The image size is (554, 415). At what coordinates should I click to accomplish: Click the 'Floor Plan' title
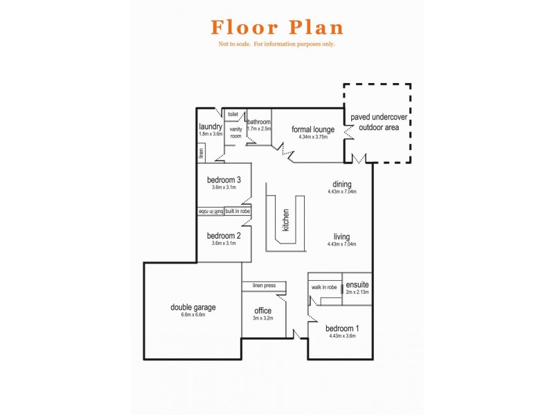coord(277,28)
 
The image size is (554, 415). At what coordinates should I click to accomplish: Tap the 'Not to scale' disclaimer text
coord(277,44)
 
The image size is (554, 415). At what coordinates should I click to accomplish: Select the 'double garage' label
coord(193,307)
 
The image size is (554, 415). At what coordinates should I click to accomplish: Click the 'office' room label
coord(263,311)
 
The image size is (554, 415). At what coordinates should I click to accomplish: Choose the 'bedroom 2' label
coord(224,236)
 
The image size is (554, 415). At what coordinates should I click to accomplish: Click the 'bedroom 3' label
coord(224,180)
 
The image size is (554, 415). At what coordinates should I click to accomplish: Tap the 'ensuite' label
coord(357,284)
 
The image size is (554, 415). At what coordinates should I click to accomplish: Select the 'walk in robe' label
coord(324,287)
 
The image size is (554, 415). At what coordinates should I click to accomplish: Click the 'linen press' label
coord(264,286)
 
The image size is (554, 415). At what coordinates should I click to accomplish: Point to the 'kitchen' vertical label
coord(285,220)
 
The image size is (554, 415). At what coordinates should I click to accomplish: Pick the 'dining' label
coord(341,184)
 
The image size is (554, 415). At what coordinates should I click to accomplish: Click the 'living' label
coord(341,237)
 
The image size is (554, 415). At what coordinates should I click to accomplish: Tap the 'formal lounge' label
coord(313,129)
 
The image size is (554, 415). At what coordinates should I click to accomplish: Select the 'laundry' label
coord(210,127)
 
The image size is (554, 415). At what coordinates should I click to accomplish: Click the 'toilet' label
coord(233,114)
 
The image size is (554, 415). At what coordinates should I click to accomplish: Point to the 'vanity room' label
coord(235,132)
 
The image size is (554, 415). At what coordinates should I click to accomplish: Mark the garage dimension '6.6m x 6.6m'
coord(193,315)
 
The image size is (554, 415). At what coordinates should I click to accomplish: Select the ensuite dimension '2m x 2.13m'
coord(357,292)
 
